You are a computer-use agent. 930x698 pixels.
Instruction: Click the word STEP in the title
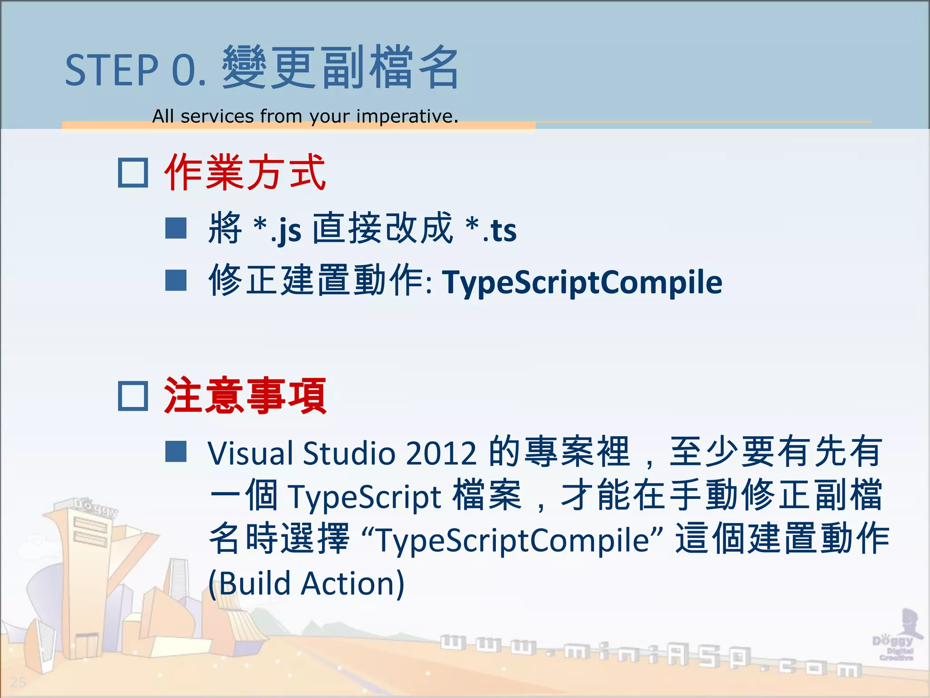tap(111, 70)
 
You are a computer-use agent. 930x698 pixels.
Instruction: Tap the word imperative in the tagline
tap(406, 116)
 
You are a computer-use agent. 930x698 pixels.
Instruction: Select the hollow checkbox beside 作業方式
tap(133, 173)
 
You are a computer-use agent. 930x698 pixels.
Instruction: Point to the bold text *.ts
tap(491, 229)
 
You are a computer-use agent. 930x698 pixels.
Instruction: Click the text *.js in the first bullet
tap(277, 229)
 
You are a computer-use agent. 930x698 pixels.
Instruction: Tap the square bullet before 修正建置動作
tap(176, 280)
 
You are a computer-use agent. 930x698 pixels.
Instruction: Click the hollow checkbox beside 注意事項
tap(133, 396)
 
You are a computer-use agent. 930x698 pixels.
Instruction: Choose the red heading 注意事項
tap(245, 396)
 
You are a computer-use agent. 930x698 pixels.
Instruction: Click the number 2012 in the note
tap(441, 453)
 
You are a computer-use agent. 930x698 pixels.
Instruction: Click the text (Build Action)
tap(307, 583)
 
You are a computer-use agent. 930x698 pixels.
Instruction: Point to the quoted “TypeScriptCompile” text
tap(513, 540)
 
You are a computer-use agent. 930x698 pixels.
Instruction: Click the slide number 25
tap(18, 682)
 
